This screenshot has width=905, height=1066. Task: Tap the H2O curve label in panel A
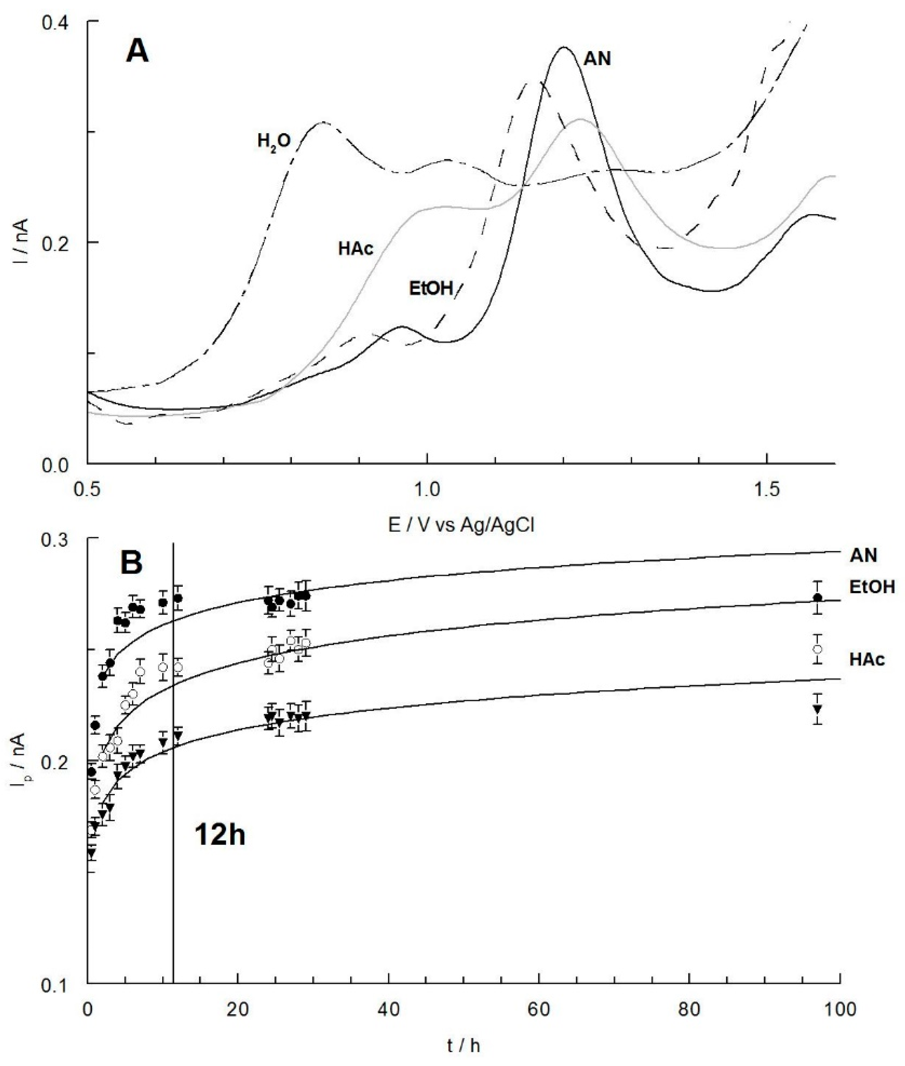pos(274,141)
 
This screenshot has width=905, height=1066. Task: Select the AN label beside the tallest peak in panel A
pos(597,59)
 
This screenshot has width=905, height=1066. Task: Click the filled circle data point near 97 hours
pos(818,597)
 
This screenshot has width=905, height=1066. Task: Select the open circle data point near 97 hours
pos(818,649)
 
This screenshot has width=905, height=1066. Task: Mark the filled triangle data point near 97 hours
pos(818,709)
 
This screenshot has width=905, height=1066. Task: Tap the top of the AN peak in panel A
pos(564,47)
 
